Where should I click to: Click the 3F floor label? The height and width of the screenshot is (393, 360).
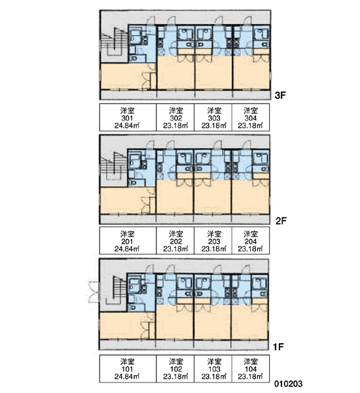coord(280,95)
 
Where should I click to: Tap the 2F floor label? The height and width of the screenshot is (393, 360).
coord(281,221)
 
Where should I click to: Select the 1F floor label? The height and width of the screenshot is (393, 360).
coord(278,346)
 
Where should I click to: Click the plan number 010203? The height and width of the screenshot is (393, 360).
coord(288,383)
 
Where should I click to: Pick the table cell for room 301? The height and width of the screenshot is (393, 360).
coord(128,117)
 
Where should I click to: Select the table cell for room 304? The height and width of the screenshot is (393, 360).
coord(251,117)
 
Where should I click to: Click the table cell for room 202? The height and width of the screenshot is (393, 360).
coord(175,240)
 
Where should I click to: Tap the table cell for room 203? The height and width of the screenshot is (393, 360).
coord(213,240)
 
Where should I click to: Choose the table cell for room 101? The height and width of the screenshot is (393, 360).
coord(128,368)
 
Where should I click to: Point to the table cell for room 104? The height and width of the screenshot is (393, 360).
coord(251,368)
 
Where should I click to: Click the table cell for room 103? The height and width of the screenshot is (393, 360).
coord(213,368)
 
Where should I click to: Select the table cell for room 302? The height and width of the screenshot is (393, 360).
coord(175,117)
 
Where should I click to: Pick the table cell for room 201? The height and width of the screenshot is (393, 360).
coord(128,240)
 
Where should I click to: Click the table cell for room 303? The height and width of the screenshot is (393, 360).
coord(213,117)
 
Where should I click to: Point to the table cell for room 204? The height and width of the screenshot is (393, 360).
coord(251,240)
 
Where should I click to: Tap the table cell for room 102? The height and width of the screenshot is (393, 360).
coord(175,368)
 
